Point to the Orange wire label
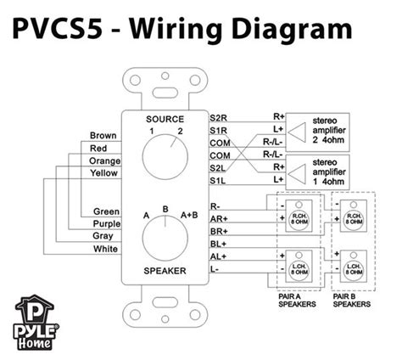[105, 160]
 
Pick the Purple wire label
[106, 224]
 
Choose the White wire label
[108, 249]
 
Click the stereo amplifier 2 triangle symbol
[298, 130]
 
